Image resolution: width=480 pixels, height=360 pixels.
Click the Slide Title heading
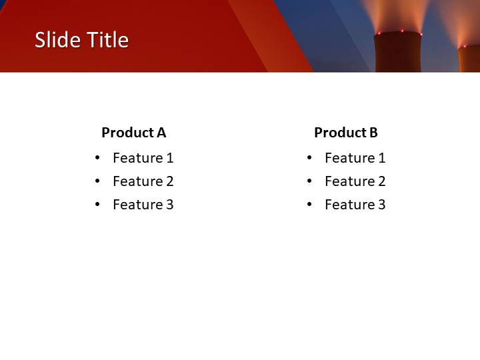[x=81, y=40]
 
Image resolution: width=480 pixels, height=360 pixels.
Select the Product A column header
[x=133, y=133]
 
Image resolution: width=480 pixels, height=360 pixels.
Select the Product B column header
[x=345, y=133]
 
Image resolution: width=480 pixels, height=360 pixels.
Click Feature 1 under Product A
[x=143, y=158]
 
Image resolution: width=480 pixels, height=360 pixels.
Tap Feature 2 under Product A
[x=143, y=181]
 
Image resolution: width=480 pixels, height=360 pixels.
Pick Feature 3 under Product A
[x=143, y=205]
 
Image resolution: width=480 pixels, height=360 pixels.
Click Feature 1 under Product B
[x=355, y=158]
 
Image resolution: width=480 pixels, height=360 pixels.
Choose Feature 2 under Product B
[x=355, y=181]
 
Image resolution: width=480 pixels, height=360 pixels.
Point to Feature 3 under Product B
[x=355, y=205]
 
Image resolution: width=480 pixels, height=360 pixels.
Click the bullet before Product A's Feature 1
[x=97, y=158]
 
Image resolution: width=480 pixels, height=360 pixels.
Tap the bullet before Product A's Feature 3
[x=97, y=205]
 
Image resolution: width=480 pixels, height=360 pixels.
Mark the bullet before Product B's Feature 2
[x=309, y=181]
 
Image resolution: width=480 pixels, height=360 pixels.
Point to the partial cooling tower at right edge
[x=469, y=59]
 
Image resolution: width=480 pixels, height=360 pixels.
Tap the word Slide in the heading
[x=56, y=40]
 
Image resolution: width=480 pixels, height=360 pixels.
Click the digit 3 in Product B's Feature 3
[x=381, y=205]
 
